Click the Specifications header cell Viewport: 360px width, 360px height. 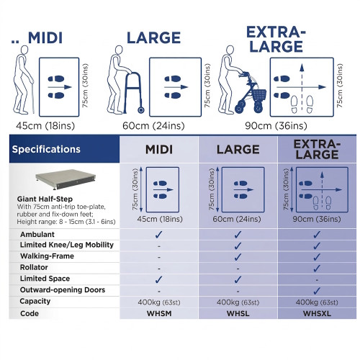point(64,149)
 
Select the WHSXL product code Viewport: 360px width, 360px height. point(317,313)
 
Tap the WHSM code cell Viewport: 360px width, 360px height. point(159,313)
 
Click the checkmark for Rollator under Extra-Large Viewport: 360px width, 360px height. point(317,268)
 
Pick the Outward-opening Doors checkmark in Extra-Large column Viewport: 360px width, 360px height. point(317,291)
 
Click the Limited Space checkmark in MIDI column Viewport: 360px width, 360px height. point(158,279)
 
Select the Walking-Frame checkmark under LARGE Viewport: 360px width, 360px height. point(238,257)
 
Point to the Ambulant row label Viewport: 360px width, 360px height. point(37,234)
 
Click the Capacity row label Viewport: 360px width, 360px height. point(35,301)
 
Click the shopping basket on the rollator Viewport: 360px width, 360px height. point(259,95)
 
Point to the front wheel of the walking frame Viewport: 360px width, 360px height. point(141,110)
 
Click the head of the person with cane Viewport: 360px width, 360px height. point(24,50)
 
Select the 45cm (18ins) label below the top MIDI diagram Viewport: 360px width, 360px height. point(45,125)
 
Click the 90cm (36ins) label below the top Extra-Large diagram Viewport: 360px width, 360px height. point(276,125)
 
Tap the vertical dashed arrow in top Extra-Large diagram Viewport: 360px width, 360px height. point(302,88)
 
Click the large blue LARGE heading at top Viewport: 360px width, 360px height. point(153,37)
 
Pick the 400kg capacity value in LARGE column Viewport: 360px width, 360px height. point(238,302)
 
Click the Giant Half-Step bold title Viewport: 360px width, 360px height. point(45,199)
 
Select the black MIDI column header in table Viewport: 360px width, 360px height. point(159,150)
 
